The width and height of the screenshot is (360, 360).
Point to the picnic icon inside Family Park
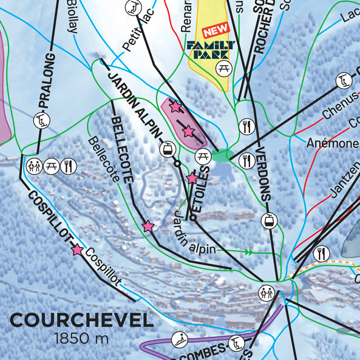click(x=223, y=68)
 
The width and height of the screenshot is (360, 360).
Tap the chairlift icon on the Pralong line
click(x=41, y=120)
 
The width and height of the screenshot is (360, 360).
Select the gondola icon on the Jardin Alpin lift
click(x=166, y=148)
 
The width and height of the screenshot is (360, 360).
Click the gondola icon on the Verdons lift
click(x=268, y=221)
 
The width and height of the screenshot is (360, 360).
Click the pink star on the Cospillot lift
click(x=77, y=250)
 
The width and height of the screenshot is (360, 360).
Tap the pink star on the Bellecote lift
click(x=148, y=226)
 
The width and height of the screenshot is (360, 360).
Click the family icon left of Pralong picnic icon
click(x=35, y=165)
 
